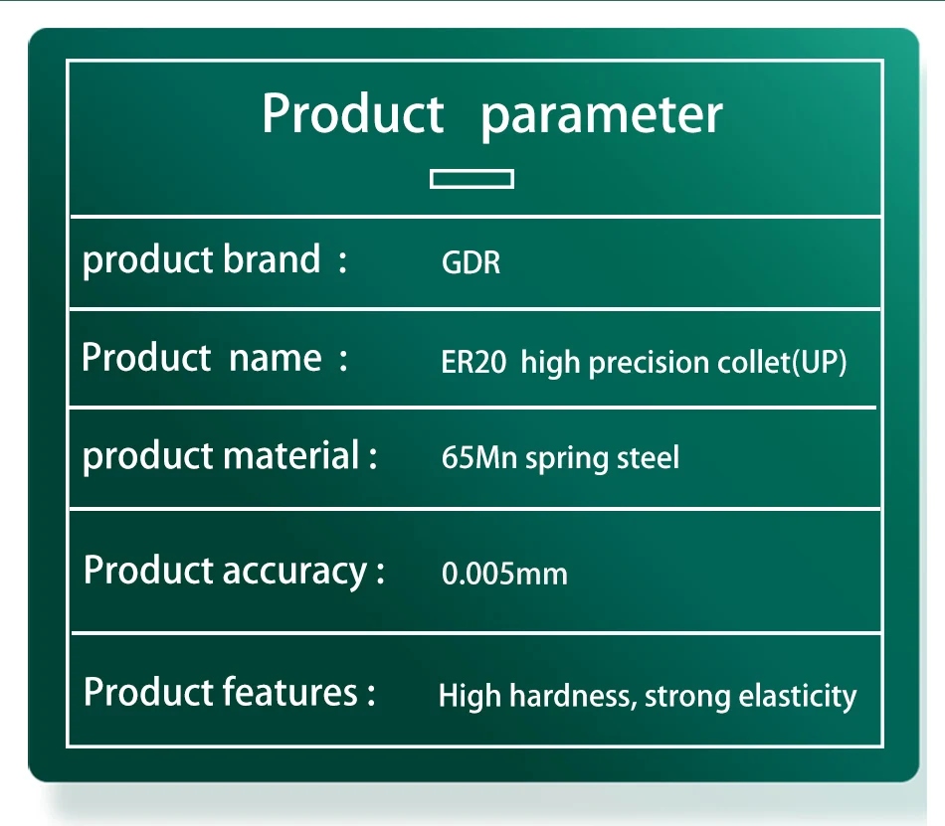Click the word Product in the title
353,113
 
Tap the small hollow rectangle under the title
472,179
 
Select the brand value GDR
471,262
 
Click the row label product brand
201,260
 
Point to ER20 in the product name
473,362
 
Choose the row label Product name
201,358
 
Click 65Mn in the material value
479,457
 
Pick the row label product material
221,456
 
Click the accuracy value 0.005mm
504,574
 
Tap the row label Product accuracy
226,571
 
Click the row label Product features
221,692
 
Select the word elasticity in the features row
798,697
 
